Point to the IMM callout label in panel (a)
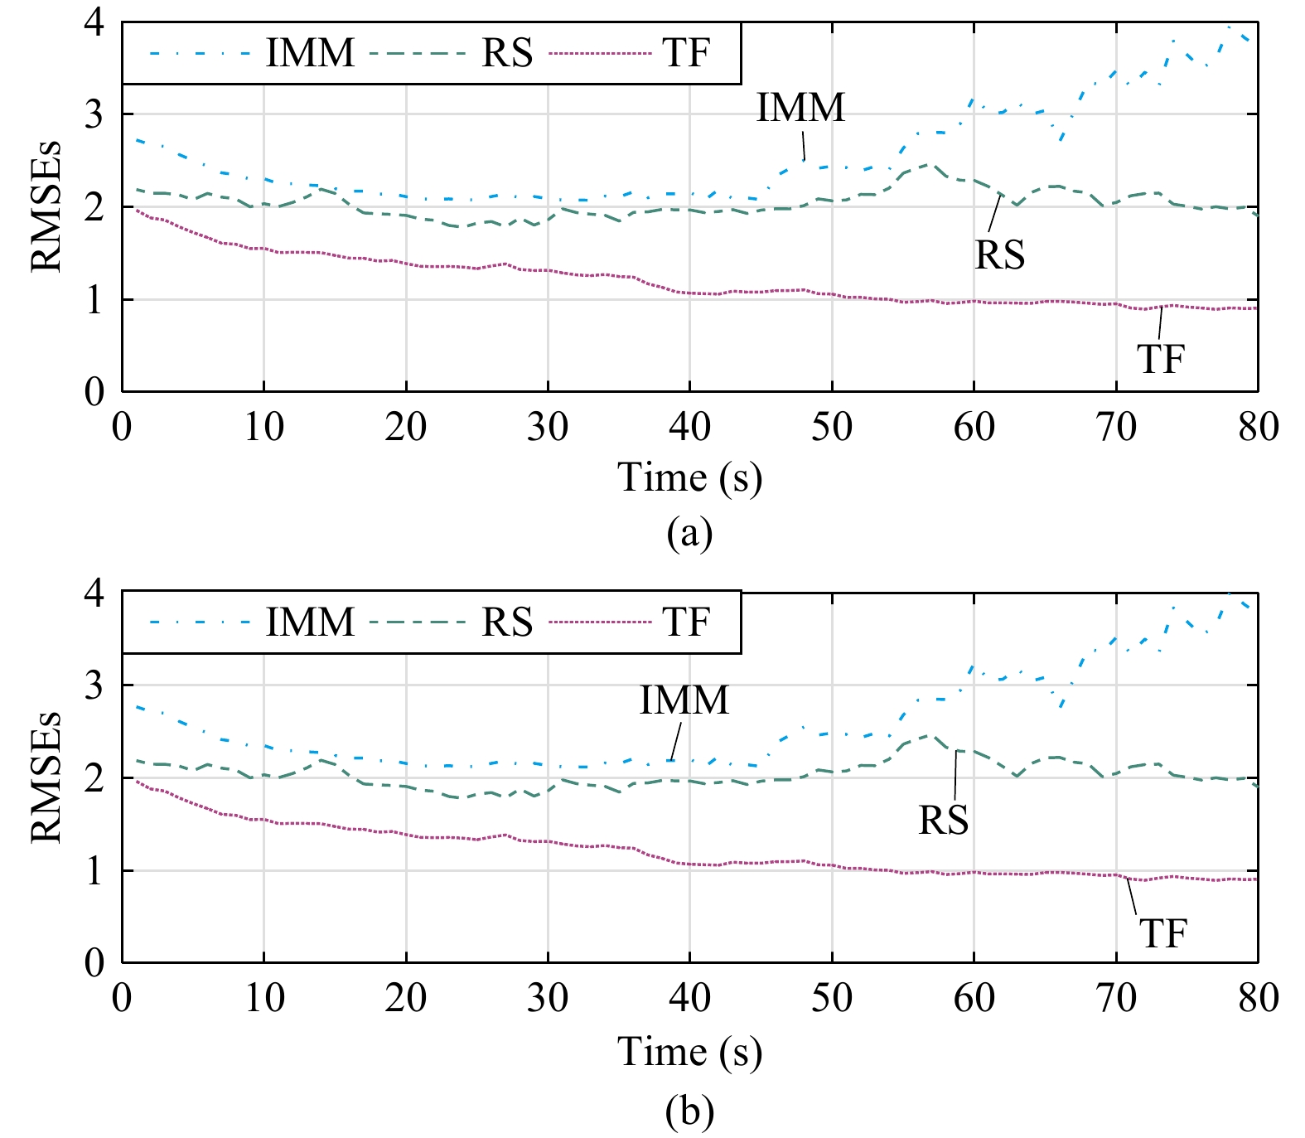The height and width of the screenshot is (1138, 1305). click(800, 108)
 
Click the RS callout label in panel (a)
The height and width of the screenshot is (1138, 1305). click(999, 255)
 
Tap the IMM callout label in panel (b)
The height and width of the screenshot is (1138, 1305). click(684, 701)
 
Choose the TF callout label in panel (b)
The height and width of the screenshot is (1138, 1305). click(1162, 934)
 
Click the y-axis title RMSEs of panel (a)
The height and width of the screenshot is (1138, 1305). click(46, 206)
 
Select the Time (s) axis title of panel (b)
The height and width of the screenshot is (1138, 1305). click(689, 1053)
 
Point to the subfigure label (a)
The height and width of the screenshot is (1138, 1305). click(689, 535)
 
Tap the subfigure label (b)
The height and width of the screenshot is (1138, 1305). click(689, 1111)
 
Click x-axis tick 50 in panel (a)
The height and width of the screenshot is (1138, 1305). click(831, 428)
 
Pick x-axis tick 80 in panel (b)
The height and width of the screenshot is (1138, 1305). click(1258, 998)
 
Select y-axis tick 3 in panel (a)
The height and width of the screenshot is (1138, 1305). click(94, 114)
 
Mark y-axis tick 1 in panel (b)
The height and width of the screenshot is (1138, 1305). click(94, 871)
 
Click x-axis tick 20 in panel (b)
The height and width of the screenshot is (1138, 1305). click(406, 998)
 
